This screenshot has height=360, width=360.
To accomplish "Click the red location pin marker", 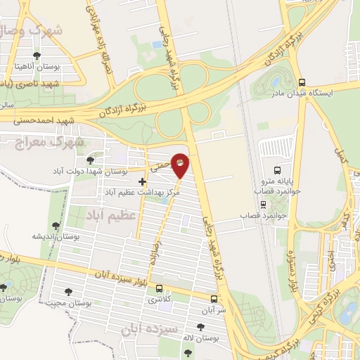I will click(x=181, y=165).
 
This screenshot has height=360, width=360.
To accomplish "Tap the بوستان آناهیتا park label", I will click(x=38, y=68).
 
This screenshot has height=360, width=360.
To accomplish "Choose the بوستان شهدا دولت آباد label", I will click(x=91, y=171).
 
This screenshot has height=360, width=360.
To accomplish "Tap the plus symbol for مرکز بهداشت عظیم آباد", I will click(x=143, y=181).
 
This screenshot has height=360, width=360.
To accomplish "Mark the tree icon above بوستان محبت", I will click(x=68, y=291).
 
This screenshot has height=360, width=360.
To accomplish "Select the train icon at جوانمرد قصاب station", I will click(x=264, y=205).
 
